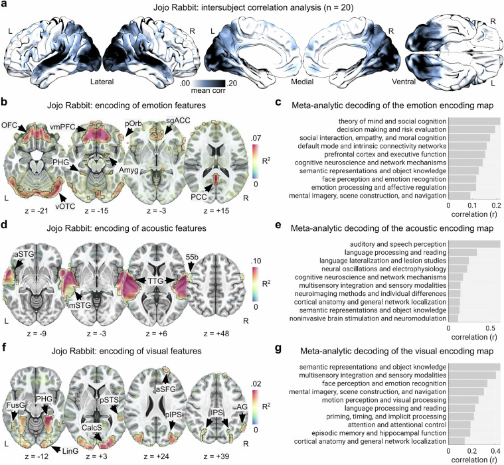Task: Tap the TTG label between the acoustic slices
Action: pos(155,282)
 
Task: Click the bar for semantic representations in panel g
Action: pos(474,367)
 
